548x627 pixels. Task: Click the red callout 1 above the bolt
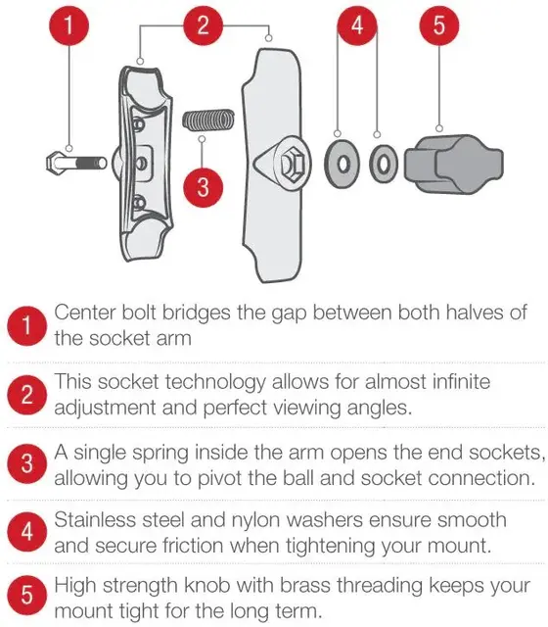pyautogui.click(x=68, y=25)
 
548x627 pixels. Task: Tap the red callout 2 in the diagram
pyautogui.click(x=203, y=25)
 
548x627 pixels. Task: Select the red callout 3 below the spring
pyautogui.click(x=203, y=187)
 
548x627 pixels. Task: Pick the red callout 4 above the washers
pyautogui.click(x=357, y=25)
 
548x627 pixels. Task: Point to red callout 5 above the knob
pyautogui.click(x=439, y=25)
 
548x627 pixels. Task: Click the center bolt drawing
pyautogui.click(x=76, y=164)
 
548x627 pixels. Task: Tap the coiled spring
pyautogui.click(x=208, y=120)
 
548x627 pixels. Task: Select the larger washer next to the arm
pyautogui.click(x=342, y=164)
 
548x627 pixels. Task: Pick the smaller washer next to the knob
pyautogui.click(x=384, y=164)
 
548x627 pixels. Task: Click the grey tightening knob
pyautogui.click(x=454, y=164)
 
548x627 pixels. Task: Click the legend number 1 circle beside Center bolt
pyautogui.click(x=26, y=325)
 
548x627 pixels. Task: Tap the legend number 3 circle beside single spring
pyautogui.click(x=26, y=463)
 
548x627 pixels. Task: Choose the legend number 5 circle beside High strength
pyautogui.click(x=26, y=595)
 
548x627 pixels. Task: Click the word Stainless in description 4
pyautogui.click(x=96, y=520)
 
